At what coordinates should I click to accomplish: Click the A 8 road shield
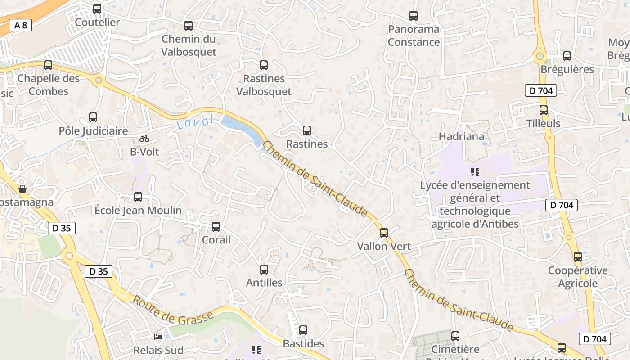(21, 25)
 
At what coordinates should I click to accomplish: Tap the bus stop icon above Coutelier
(97, 9)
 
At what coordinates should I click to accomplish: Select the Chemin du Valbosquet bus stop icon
(189, 26)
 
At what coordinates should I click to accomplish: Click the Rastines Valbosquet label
(264, 85)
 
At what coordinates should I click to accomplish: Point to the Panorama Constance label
(414, 36)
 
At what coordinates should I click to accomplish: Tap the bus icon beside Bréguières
(567, 56)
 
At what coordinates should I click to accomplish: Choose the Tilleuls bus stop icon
(544, 110)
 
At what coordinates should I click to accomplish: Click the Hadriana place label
(461, 136)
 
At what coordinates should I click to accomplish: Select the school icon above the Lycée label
(475, 171)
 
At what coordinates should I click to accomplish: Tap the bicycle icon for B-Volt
(144, 139)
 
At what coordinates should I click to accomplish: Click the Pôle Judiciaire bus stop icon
(93, 117)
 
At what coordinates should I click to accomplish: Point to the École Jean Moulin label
(138, 210)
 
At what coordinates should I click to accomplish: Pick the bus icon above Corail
(216, 227)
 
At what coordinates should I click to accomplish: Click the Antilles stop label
(264, 283)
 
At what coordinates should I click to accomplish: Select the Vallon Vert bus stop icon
(384, 233)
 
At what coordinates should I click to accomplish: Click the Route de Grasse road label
(172, 311)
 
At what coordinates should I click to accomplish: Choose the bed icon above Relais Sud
(158, 337)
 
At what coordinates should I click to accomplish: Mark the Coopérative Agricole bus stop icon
(578, 257)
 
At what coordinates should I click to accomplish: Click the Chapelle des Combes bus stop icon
(48, 65)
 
